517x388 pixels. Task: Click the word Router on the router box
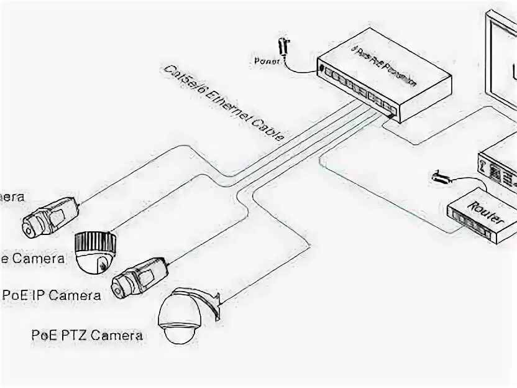coord(486,211)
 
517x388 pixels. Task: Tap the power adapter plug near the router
coord(440,178)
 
